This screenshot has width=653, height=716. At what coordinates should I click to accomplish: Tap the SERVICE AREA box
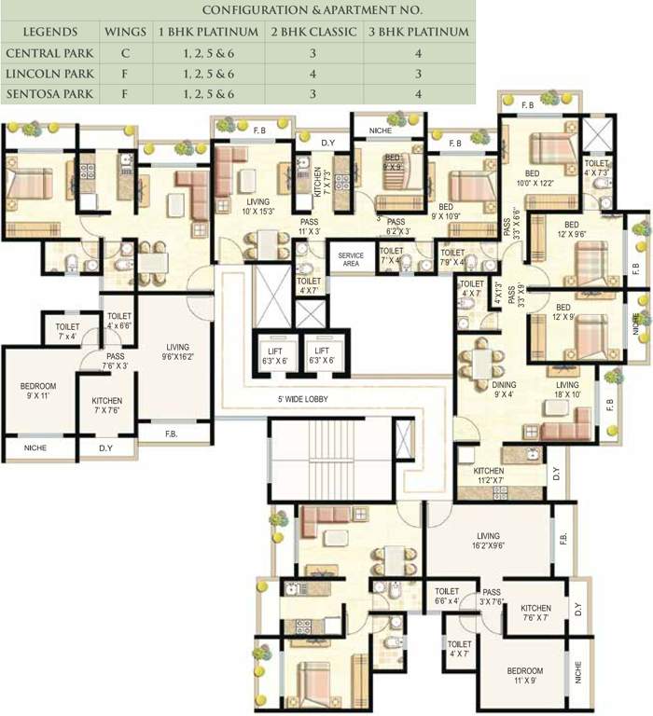tap(351, 260)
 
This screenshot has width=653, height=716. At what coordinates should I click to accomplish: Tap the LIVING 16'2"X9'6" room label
tap(489, 541)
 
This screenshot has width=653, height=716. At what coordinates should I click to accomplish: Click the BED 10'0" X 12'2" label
tap(535, 178)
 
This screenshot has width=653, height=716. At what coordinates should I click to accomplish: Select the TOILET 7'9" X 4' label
tap(452, 257)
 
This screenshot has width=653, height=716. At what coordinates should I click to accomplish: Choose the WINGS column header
tap(125, 32)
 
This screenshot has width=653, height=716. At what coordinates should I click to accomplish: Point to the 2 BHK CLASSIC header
tap(313, 32)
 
